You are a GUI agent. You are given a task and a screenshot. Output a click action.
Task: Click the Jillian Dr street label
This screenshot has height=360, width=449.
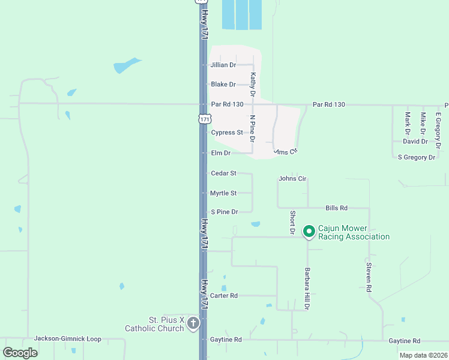(x=223, y=65)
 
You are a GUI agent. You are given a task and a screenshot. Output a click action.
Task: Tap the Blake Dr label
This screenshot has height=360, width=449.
(x=223, y=85)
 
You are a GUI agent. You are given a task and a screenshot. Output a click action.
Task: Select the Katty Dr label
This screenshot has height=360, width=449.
(x=253, y=84)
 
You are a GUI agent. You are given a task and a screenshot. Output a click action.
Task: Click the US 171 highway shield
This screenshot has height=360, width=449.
(x=205, y=119)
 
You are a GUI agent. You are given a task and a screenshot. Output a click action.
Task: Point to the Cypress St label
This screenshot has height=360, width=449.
(x=227, y=133)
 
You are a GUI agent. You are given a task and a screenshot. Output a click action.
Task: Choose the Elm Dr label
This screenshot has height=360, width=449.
(x=221, y=153)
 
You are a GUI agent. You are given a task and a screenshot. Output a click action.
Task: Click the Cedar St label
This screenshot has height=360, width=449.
(x=223, y=173)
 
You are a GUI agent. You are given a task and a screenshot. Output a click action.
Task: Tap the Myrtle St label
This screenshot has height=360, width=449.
(x=223, y=193)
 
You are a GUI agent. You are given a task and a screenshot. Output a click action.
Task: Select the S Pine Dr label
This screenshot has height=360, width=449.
(x=224, y=212)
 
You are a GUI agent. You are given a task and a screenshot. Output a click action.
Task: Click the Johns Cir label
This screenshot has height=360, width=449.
(x=293, y=178)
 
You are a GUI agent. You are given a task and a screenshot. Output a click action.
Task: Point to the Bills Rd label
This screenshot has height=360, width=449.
(x=337, y=208)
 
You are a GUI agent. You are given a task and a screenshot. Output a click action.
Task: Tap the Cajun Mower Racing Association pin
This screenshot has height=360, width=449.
(x=309, y=232)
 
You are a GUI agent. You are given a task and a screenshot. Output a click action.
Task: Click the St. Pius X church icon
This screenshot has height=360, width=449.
(x=193, y=324)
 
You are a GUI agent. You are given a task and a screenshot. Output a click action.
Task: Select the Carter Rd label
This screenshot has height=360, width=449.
(x=224, y=296)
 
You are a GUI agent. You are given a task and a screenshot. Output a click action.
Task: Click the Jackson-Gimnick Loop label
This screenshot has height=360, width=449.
(x=68, y=338)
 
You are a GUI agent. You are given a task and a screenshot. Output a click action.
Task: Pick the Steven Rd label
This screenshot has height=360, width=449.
(x=369, y=276)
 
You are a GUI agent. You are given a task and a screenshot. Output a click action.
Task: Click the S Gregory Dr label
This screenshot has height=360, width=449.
(x=416, y=157)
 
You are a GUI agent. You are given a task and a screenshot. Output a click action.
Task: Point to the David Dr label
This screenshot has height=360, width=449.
(x=415, y=142)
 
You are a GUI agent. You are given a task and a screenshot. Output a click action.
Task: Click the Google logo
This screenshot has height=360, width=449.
(x=20, y=352)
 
